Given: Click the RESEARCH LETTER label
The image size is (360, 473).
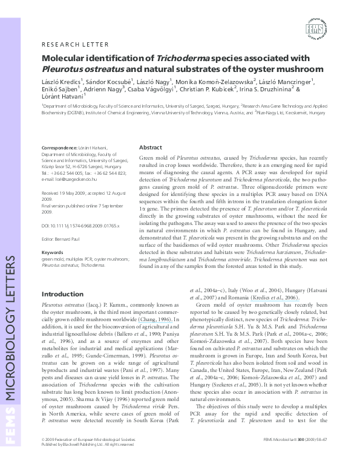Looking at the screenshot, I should click(x=75, y=44).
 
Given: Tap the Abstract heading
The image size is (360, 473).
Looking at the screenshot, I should click(x=151, y=148).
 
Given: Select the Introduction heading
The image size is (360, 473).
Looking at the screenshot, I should click(x=62, y=294).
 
